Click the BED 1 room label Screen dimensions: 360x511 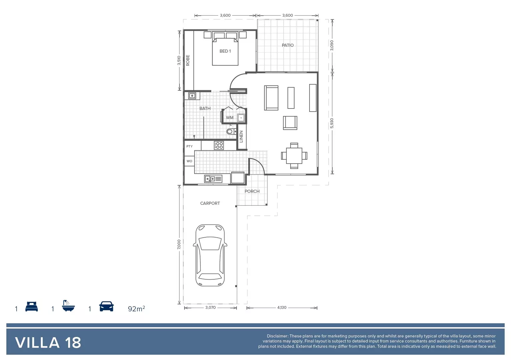click(x=225, y=51)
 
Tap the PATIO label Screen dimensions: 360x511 click(x=288, y=45)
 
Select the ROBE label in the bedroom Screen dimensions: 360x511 click(x=188, y=60)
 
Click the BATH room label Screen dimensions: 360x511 click(x=205, y=108)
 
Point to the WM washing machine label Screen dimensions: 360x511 click(x=229, y=118)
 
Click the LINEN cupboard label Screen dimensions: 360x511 click(x=241, y=136)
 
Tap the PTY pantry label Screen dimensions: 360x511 click(x=189, y=146)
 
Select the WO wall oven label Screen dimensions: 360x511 click(x=189, y=161)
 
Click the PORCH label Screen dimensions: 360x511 click(x=252, y=191)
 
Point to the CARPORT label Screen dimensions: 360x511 click(x=210, y=203)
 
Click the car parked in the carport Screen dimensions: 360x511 click(x=210, y=255)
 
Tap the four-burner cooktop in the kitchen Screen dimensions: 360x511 click(x=219, y=145)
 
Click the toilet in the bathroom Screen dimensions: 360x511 click(x=230, y=131)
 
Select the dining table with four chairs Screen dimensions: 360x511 click(x=294, y=156)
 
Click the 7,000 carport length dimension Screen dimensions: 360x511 click(x=179, y=244)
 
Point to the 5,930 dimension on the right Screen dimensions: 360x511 click(x=332, y=123)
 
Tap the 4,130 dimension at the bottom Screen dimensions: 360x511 click(x=282, y=308)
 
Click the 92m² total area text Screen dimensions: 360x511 click(x=136, y=309)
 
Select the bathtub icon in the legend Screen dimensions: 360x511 click(x=68, y=306)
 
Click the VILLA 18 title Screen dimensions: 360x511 click(x=48, y=343)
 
